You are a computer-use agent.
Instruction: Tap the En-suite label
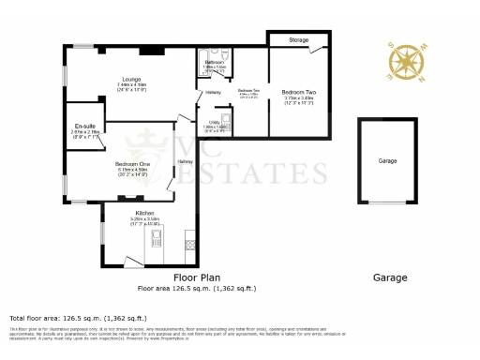[x=84, y=126]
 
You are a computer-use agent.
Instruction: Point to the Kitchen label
[x=144, y=214]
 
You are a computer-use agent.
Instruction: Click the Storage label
[x=298, y=40]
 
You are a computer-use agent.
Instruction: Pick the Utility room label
[x=214, y=122]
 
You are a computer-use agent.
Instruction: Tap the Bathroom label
[x=215, y=62]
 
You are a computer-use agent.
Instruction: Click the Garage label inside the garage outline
[x=387, y=161]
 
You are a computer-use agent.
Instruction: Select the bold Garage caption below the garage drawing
[x=390, y=277]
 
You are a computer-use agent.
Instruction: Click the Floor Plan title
[x=197, y=277]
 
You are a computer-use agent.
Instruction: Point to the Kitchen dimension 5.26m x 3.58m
[x=144, y=220]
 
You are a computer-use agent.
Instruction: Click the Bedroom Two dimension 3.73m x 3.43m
[x=298, y=97]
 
